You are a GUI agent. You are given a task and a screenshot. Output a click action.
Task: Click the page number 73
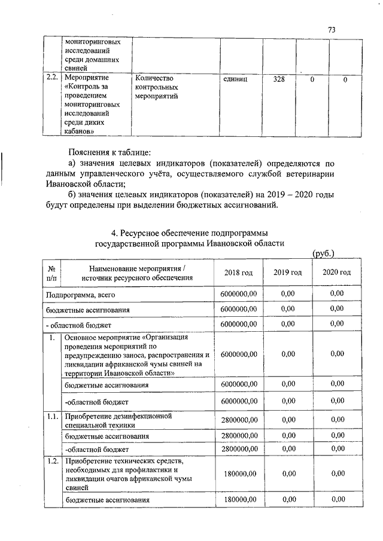[333, 30]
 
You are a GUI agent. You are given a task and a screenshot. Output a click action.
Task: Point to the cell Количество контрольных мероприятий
[157, 88]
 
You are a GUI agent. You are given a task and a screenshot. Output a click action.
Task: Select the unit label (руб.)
[323, 254]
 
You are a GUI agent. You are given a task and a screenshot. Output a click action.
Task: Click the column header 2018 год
[238, 273]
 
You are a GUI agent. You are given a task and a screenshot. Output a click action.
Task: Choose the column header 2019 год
[288, 273]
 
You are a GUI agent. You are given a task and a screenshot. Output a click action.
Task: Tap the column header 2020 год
[337, 273]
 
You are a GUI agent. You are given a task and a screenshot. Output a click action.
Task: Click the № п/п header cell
[51, 273]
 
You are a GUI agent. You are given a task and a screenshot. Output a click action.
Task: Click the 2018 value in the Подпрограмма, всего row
[238, 294]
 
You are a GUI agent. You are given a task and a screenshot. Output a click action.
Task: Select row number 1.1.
[52, 415]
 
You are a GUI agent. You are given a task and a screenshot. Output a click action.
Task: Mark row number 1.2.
[52, 461]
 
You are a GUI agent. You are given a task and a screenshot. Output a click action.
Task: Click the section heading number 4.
[123, 232]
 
